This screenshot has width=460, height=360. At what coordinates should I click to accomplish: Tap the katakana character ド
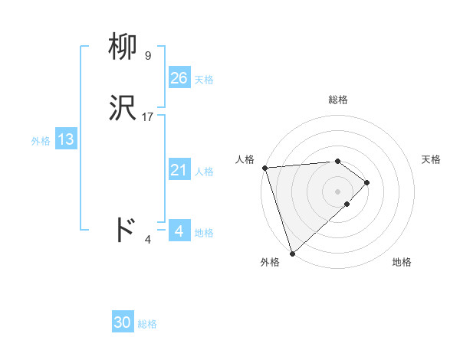(124, 229)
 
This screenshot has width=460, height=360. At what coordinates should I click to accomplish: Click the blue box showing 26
(179, 78)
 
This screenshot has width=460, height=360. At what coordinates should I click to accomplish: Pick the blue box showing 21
(179, 170)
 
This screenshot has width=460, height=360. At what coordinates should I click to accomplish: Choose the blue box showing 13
(65, 139)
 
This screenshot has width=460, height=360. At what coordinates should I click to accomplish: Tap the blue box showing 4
(179, 231)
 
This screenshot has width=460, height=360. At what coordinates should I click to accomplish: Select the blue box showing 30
(123, 322)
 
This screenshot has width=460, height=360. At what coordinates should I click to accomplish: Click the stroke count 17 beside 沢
(148, 117)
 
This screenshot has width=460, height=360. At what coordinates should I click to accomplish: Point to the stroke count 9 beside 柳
(148, 56)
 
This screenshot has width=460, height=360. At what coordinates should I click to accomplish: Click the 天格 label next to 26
(204, 80)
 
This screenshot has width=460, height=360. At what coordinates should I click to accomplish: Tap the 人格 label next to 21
(204, 172)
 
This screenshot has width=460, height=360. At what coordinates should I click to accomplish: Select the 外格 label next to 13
(41, 141)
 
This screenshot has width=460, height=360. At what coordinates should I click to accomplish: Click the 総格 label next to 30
(147, 324)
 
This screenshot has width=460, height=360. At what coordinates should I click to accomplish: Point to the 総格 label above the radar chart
(338, 100)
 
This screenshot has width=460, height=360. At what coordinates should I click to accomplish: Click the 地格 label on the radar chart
(402, 263)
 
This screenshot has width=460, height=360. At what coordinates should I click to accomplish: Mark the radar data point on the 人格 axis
(264, 168)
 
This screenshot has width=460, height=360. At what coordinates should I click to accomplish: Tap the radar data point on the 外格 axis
(292, 253)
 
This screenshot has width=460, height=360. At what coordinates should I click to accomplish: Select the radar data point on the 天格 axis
(367, 182)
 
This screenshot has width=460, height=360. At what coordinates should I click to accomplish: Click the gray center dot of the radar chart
(338, 191)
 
